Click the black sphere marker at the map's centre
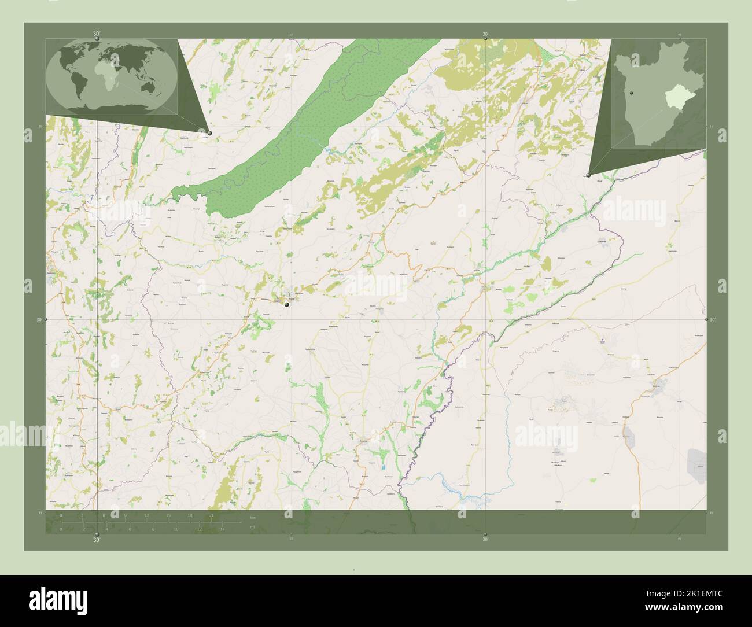tap(286, 303)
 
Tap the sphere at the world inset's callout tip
tap(209, 133)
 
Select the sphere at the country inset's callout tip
tap(588, 175)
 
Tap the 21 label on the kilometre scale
tap(212, 515)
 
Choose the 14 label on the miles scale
tap(222, 529)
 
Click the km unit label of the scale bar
tap(252, 517)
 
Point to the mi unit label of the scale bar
tap(252, 527)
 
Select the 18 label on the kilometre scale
tap(189, 515)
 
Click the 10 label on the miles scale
tap(176, 529)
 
